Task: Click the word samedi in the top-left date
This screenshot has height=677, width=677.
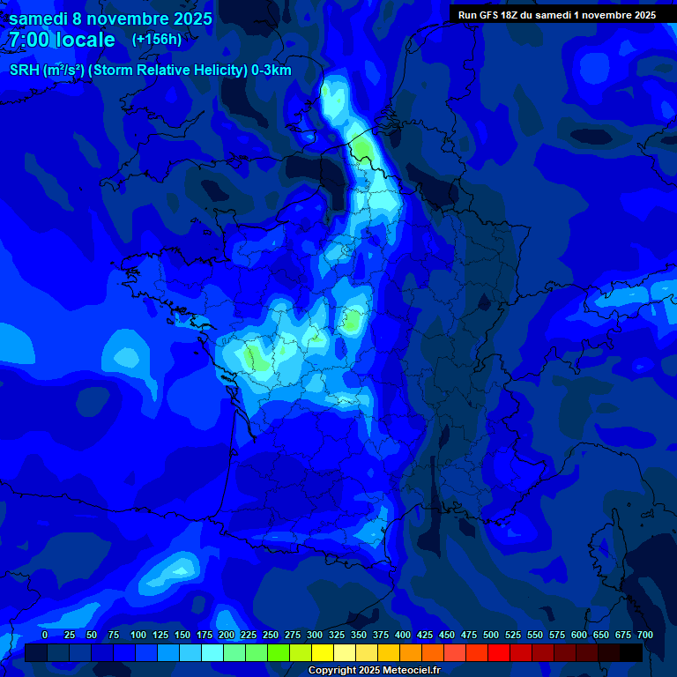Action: (38, 19)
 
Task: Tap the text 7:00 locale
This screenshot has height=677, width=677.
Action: (63, 40)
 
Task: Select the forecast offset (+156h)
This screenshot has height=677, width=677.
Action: (157, 39)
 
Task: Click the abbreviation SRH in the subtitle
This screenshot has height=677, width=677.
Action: (24, 71)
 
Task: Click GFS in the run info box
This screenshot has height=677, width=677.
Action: (489, 15)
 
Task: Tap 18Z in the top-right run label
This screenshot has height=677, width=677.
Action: (512, 15)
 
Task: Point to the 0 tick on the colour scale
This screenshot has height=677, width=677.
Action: (45, 635)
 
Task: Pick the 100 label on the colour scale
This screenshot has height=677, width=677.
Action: (138, 635)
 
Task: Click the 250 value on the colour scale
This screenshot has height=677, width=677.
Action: (271, 635)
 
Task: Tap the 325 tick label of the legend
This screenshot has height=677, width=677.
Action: (337, 635)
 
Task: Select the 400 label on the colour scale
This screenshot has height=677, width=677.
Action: (403, 635)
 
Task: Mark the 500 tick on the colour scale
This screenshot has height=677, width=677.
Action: (491, 635)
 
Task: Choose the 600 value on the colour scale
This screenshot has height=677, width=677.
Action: (579, 635)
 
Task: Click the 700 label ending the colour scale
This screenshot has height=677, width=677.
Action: (645, 635)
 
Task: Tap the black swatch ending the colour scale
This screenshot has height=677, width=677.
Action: (631, 652)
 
